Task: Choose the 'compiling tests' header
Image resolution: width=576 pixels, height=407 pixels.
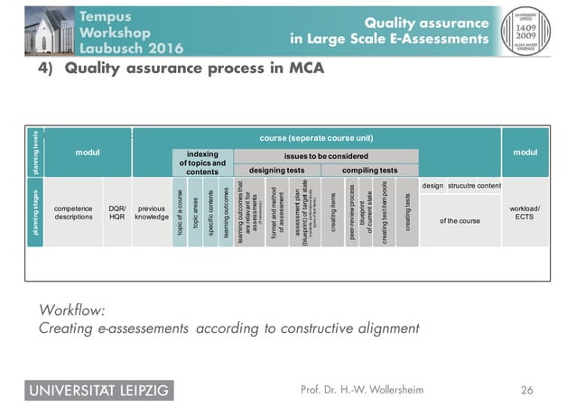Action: point(370,170)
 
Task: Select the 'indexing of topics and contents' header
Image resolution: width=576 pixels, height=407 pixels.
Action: point(202,162)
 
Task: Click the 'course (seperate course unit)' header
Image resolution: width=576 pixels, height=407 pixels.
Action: point(315,138)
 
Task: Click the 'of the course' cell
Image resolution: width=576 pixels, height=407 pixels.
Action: point(460,220)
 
